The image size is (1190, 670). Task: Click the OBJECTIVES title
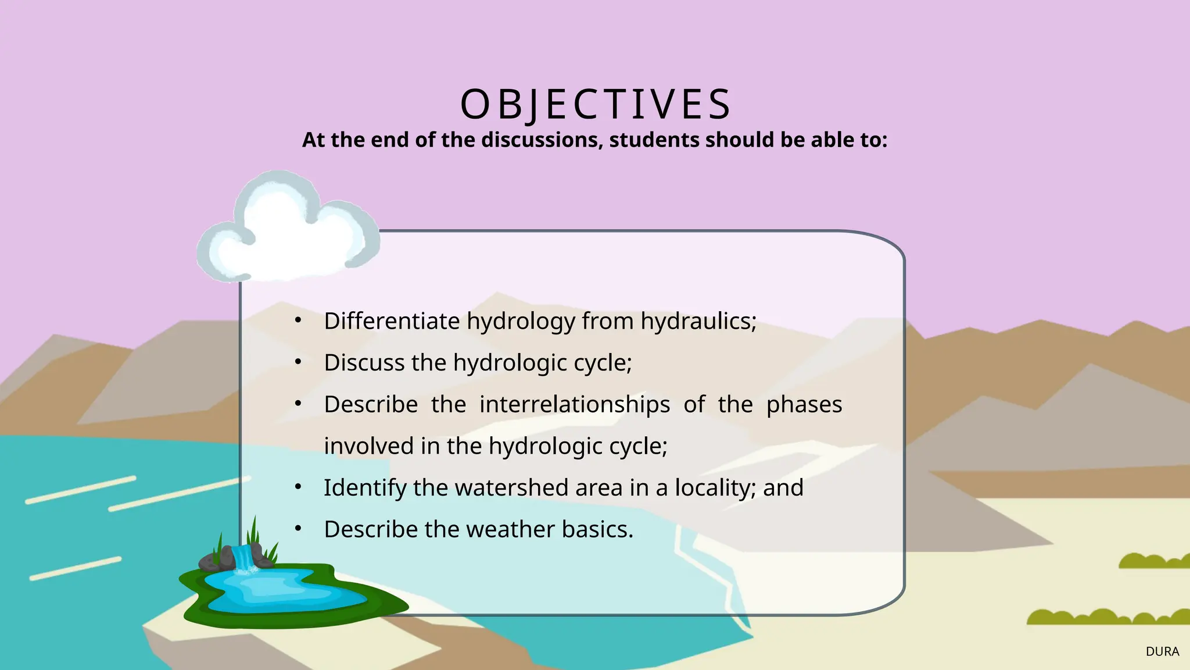595,105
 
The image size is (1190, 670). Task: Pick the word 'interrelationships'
575,404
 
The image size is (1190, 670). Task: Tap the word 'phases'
804,404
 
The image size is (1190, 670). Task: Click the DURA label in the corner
1162,652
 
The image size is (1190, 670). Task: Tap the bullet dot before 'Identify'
298,487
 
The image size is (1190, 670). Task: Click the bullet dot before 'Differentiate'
298,320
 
